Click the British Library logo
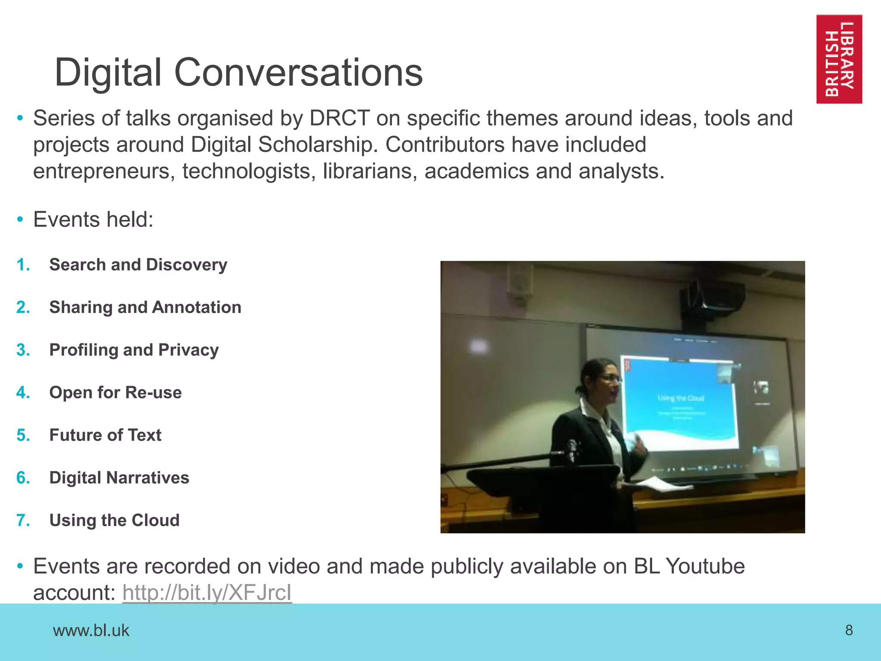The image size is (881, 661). tap(839, 59)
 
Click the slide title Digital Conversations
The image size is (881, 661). tap(239, 72)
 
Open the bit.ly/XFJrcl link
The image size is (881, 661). tap(207, 593)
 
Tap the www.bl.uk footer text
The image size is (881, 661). tap(91, 630)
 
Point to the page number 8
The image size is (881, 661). tap(849, 630)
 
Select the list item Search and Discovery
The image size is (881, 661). tap(138, 265)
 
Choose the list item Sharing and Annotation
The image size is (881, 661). tap(145, 307)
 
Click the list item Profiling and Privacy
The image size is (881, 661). tap(134, 350)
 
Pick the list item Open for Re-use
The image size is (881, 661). tap(115, 392)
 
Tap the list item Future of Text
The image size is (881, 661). tap(105, 435)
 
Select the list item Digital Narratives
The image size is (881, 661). tap(119, 478)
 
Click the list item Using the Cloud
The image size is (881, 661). tap(114, 520)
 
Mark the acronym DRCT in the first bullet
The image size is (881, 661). tap(340, 118)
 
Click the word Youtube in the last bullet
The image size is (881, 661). tap(705, 566)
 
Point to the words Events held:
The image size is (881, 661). tap(93, 219)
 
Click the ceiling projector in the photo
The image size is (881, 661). tap(712, 295)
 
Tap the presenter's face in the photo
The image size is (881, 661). tap(607, 383)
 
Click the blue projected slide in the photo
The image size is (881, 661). tap(680, 402)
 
